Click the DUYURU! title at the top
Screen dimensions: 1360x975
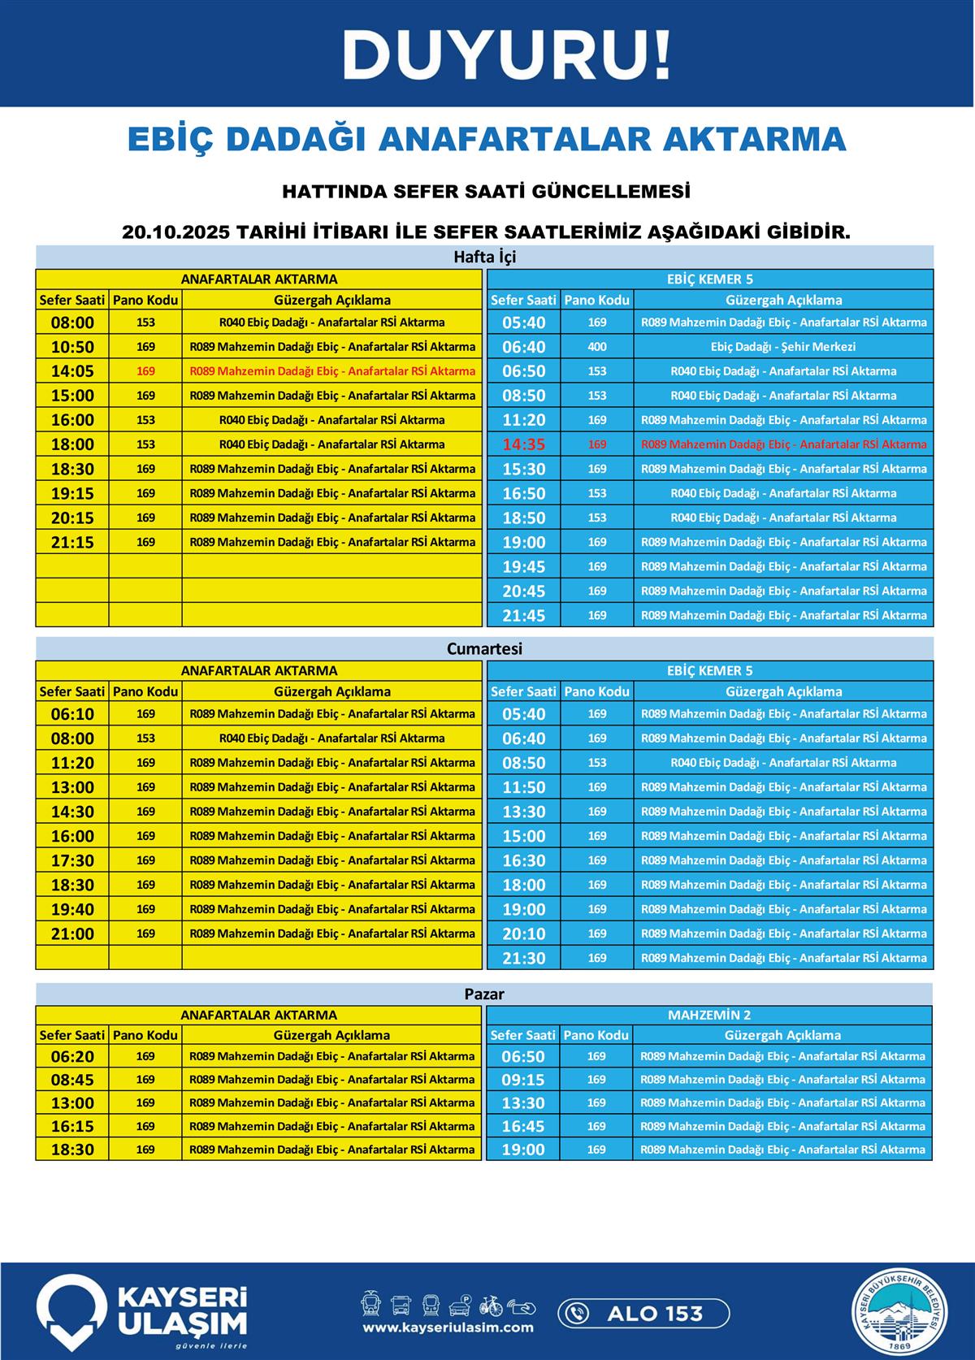point(506,55)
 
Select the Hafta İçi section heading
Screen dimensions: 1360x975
point(484,257)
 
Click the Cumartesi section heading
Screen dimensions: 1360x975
point(484,649)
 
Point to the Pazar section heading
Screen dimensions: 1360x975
point(484,994)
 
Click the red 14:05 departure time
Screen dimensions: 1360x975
point(72,371)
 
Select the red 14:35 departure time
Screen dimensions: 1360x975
point(523,444)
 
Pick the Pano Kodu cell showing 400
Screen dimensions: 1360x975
point(597,347)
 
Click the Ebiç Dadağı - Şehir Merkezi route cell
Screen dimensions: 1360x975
point(783,347)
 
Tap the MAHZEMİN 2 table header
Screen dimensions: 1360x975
point(709,1015)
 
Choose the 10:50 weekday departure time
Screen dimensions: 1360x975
point(72,347)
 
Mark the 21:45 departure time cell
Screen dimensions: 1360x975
point(523,615)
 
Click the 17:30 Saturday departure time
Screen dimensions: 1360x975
point(72,860)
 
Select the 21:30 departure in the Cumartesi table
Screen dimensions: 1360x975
point(523,958)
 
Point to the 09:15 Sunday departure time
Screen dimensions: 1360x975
point(523,1080)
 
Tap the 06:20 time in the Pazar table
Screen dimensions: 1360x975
point(72,1057)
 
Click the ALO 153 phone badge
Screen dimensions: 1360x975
point(643,1314)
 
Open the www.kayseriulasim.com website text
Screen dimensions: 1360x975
point(448,1328)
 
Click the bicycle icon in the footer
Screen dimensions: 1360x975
point(491,1306)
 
